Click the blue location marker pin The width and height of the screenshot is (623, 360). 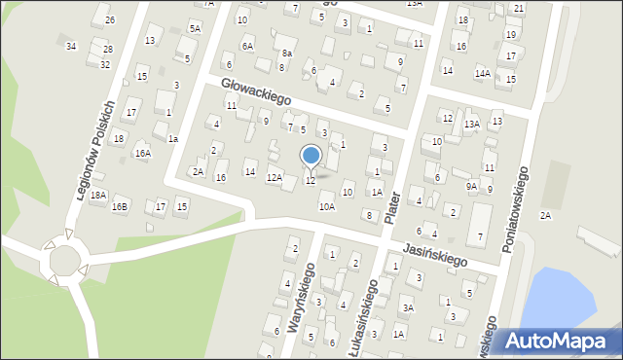pyautogui.click(x=311, y=156)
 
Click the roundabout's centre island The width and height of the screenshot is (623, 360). pyautogui.click(x=65, y=261)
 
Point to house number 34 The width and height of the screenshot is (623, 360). pyautogui.click(x=71, y=46)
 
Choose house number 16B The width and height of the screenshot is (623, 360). pyautogui.click(x=119, y=206)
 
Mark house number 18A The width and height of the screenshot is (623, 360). pyautogui.click(x=97, y=195)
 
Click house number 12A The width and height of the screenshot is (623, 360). pyautogui.click(x=275, y=177)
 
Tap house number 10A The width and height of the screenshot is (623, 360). pyautogui.click(x=326, y=206)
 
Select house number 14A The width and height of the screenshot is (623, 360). pyautogui.click(x=482, y=73)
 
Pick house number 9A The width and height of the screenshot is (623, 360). pyautogui.click(x=472, y=185)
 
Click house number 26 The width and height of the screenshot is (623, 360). pyautogui.click(x=109, y=20)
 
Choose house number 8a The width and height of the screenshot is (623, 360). pyautogui.click(x=286, y=54)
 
